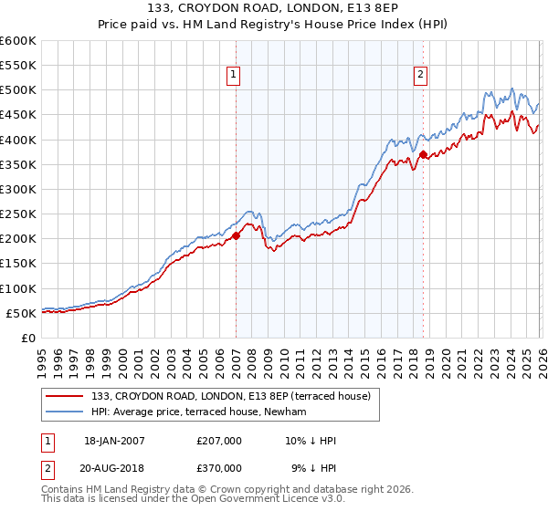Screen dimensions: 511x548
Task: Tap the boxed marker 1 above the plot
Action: coord(235,76)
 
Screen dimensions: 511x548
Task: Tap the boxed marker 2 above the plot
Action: coord(421,76)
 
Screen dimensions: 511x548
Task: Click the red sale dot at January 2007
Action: coord(236,235)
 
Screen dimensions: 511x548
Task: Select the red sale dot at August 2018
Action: coord(424,154)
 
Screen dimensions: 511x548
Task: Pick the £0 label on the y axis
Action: coord(28,338)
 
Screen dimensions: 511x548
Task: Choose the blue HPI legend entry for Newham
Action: coord(200,412)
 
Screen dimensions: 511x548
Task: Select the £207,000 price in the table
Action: coord(218,441)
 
